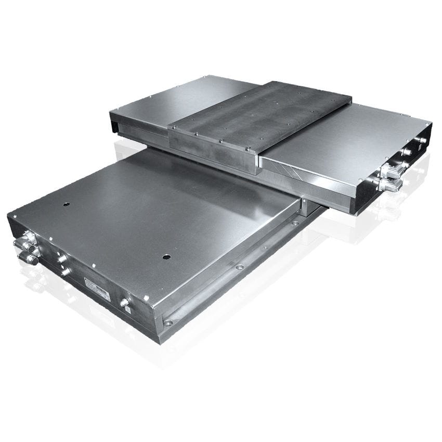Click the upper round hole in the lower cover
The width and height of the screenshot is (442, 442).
66,204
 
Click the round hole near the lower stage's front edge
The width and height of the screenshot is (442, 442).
166,257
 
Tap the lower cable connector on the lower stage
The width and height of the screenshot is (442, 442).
28,257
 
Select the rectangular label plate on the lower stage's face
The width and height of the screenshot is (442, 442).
97,289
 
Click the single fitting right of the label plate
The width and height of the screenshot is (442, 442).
124,302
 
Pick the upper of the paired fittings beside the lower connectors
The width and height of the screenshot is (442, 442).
62,258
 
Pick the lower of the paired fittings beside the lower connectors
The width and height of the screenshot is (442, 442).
65,271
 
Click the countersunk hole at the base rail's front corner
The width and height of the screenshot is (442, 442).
167,323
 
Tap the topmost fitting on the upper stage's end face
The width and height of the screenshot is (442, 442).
422,140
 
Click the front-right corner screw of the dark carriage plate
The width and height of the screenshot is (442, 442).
257,152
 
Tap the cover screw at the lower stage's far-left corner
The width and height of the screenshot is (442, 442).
12,215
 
